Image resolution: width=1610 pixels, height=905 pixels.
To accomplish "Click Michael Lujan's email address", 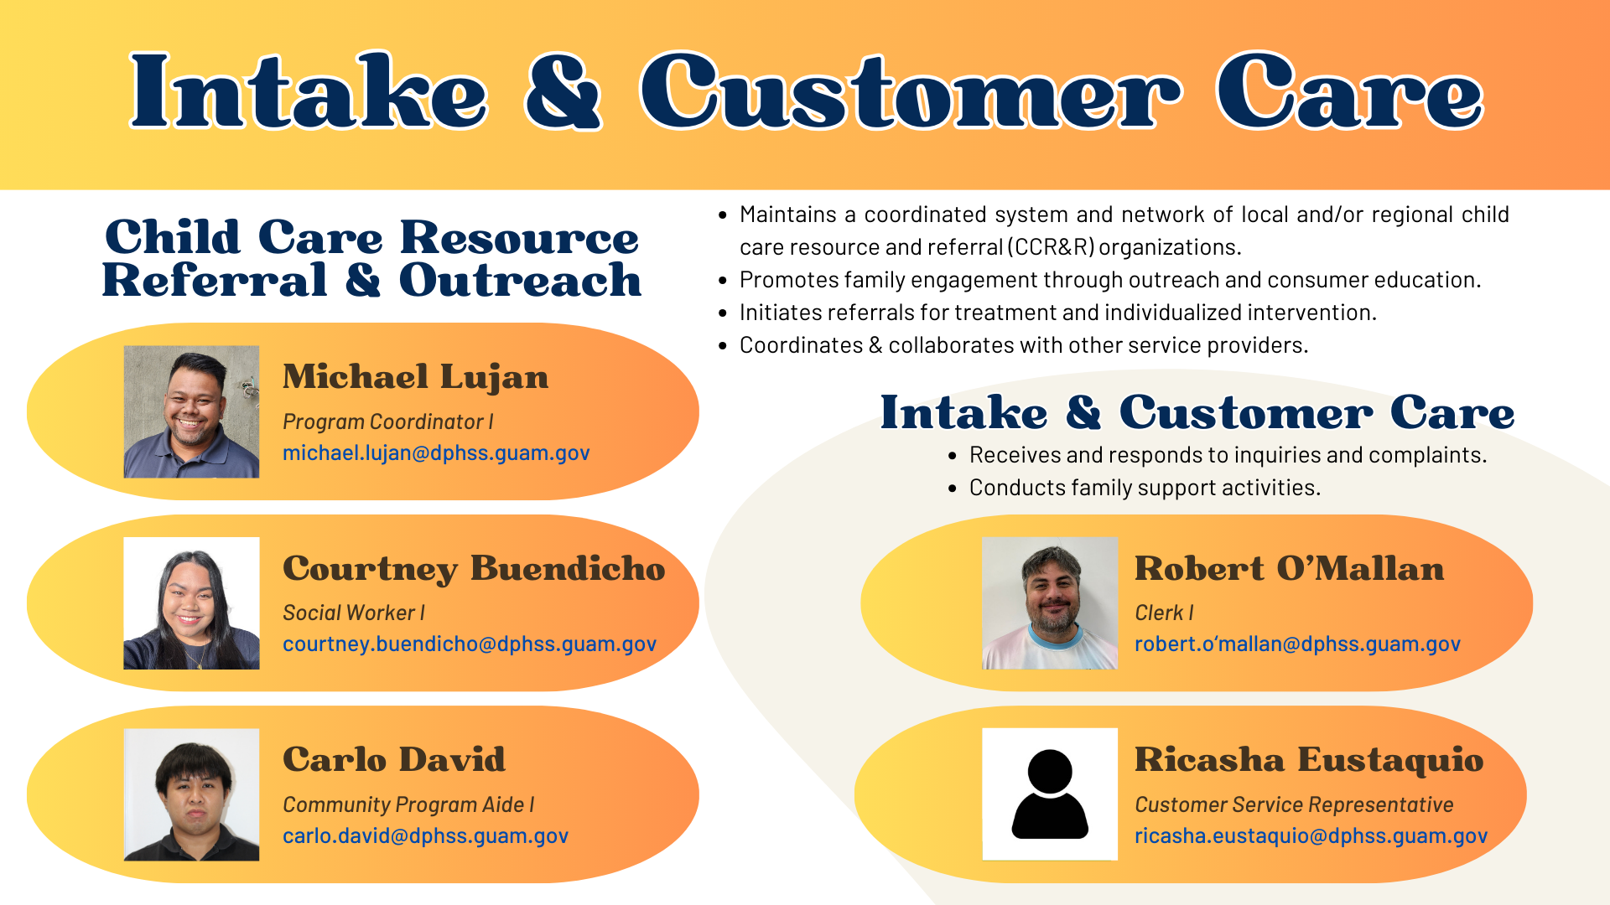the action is click(x=436, y=453).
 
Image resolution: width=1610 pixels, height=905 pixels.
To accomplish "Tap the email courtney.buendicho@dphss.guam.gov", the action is click(x=470, y=644).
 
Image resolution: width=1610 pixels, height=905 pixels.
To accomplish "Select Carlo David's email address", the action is click(x=425, y=836).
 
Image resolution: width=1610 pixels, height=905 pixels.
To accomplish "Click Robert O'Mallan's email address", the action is click(x=1297, y=644).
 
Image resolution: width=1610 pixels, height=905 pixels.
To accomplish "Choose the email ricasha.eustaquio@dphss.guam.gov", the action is click(x=1311, y=836).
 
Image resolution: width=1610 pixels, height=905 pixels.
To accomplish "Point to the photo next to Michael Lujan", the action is click(x=191, y=411).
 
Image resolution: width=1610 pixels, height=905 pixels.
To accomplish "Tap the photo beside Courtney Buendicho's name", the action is click(x=191, y=603).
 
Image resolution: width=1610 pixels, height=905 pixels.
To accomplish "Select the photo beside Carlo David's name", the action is click(x=191, y=794).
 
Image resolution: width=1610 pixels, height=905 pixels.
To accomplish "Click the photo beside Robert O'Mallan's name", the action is click(x=1050, y=603).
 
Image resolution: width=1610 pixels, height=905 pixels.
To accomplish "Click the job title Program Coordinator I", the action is click(x=388, y=421).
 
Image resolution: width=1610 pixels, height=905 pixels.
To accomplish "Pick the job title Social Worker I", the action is click(x=354, y=613).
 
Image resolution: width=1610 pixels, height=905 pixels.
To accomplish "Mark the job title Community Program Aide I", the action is click(x=408, y=805).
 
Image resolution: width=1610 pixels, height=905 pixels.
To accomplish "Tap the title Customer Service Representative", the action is click(x=1294, y=805).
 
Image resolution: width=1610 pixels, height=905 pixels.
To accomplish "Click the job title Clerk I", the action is click(x=1164, y=613).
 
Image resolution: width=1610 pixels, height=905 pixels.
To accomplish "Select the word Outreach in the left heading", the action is click(x=520, y=280).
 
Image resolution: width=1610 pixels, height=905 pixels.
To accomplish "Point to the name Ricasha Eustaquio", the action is click(x=1309, y=760).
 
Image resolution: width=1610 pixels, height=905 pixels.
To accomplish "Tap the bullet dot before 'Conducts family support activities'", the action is click(x=952, y=488).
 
